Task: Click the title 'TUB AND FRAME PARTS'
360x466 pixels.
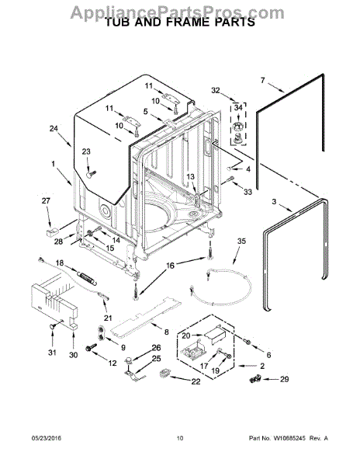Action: [179, 23]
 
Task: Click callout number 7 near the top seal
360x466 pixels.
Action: [262, 80]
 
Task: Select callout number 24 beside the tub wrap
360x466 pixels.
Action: [54, 129]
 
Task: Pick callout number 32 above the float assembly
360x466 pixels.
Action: [216, 90]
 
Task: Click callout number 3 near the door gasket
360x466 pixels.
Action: [274, 201]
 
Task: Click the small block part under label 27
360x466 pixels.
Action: [52, 231]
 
